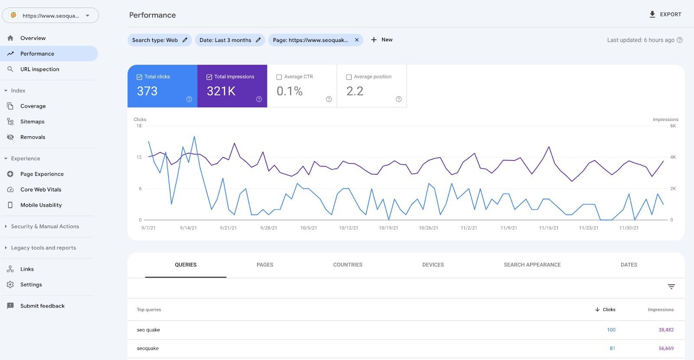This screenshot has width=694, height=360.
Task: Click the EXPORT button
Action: coord(665,14)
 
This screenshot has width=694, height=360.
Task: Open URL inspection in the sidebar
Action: coord(39,69)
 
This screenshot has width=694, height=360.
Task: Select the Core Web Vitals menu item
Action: coord(41,190)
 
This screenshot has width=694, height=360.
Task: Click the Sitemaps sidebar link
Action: coord(32,121)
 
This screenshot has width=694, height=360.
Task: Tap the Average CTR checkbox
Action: coord(279,77)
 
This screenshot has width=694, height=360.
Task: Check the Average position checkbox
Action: coord(349,77)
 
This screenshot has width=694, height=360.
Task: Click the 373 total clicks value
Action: coord(147,91)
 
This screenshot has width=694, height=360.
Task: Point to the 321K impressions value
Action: coord(221,91)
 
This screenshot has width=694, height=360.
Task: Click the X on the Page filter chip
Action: coord(357,40)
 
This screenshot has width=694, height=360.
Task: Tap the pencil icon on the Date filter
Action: coord(258,40)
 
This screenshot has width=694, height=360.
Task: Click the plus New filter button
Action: coord(381,39)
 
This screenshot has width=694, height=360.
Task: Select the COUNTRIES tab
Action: coord(347,265)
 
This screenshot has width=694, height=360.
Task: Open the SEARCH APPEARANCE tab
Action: coord(532,265)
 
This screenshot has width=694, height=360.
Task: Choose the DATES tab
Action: coord(629,265)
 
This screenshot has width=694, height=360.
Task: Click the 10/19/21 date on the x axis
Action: coord(388,228)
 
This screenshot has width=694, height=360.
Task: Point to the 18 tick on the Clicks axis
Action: coord(139,126)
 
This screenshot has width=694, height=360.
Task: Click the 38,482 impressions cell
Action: coord(666,330)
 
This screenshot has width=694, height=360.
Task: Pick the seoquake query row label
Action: coord(148,348)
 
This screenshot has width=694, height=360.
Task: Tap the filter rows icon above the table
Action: coord(671,287)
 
